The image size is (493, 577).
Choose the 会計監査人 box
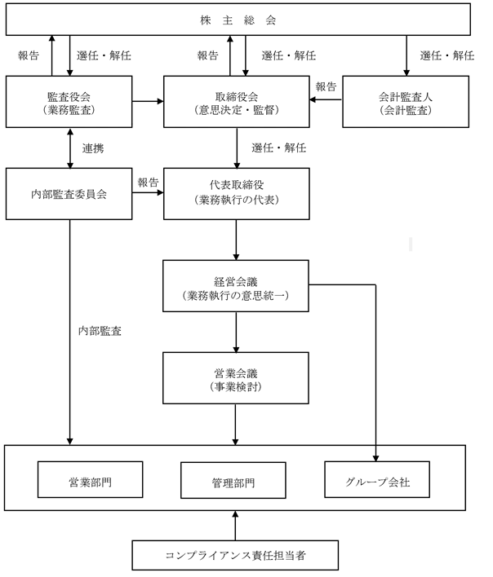click(406, 101)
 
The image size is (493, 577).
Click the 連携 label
click(92, 149)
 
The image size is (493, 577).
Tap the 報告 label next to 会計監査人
click(326, 87)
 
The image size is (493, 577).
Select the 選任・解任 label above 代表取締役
click(278, 148)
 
